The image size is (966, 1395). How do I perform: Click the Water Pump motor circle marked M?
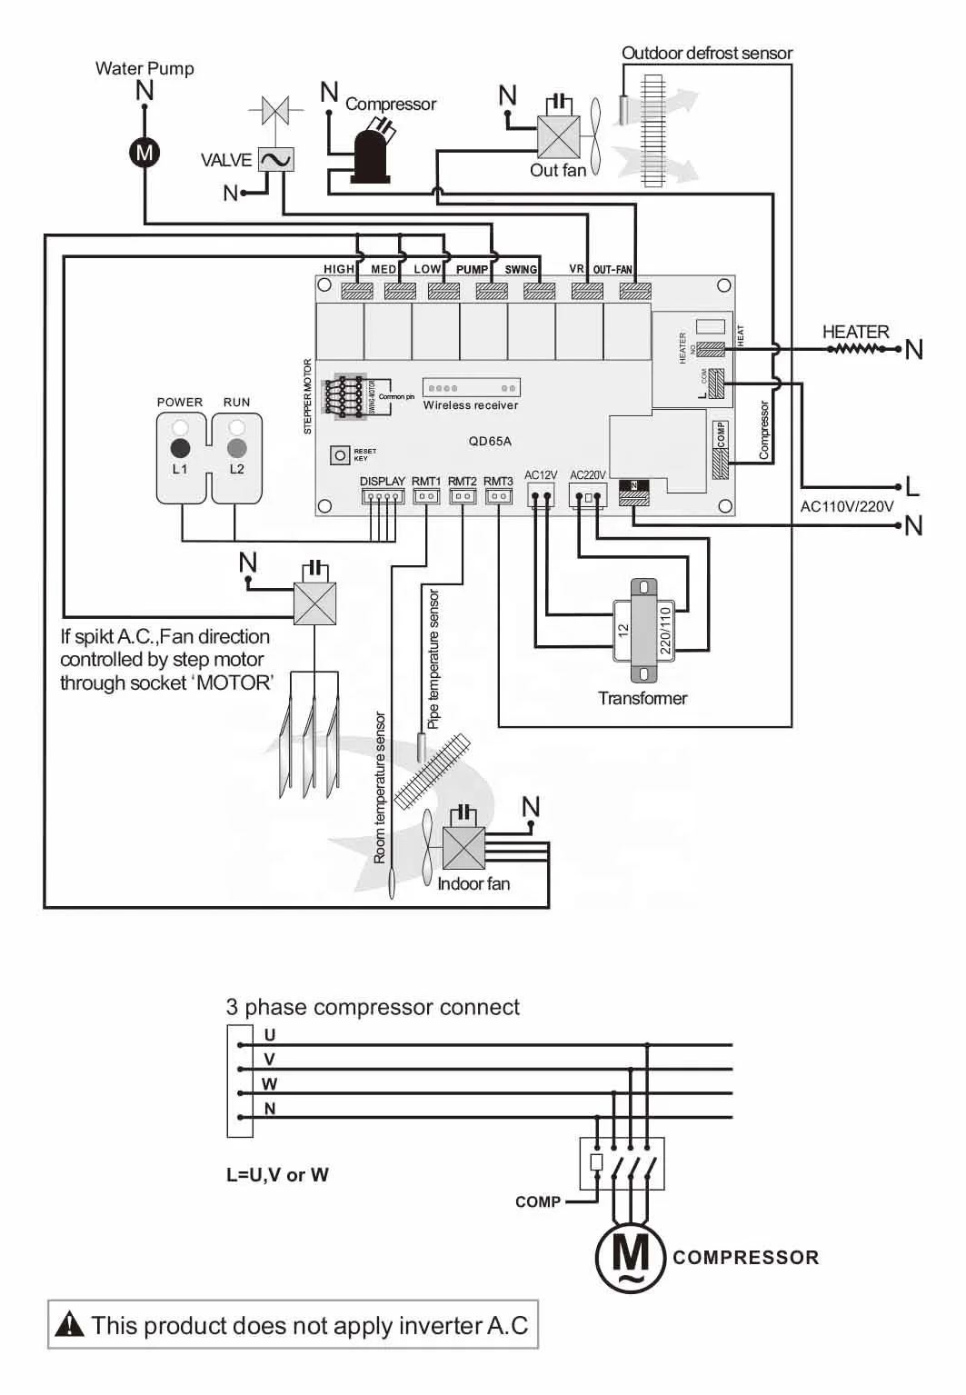144,152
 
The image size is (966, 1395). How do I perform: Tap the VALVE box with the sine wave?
275,160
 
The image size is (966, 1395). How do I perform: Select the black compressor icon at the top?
371,156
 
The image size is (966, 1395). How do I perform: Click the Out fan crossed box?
558,137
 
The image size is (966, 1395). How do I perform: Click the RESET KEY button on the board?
340,454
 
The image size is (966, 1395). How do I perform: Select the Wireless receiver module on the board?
471,388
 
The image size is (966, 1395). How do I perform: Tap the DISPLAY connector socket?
382,497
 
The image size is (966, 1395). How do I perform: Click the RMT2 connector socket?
463,497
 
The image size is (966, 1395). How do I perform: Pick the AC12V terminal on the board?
541,496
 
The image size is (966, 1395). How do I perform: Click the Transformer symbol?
643,630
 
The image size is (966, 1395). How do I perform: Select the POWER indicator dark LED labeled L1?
180,448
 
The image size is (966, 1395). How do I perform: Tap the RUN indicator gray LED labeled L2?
236,448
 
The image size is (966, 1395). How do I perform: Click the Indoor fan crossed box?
463,849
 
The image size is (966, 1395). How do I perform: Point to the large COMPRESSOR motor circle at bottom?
631,1257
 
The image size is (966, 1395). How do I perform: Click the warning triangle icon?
70,1325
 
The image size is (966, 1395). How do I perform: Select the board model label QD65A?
490,441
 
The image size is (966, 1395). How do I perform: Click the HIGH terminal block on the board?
356,291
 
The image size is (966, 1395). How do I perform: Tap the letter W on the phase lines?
269,1083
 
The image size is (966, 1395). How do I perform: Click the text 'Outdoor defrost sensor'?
706,54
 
